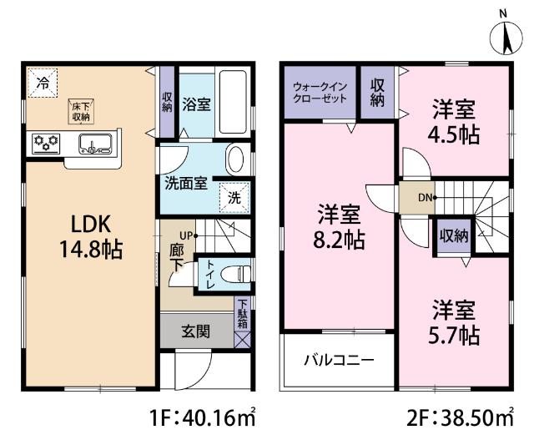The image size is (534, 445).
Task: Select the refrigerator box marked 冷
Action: pyautogui.click(x=41, y=82)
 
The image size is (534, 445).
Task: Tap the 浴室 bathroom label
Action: pyautogui.click(x=196, y=106)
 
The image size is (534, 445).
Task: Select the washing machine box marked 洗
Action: pyautogui.click(x=234, y=198)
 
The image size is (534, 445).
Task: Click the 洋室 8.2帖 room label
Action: pyautogui.click(x=339, y=228)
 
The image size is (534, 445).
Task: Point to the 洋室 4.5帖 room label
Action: pyautogui.click(x=456, y=121)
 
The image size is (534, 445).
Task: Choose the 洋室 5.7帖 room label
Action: pyautogui.click(x=455, y=323)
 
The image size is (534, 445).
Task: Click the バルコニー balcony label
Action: pyautogui.click(x=337, y=361)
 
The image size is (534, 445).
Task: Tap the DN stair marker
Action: pyautogui.click(x=425, y=198)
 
